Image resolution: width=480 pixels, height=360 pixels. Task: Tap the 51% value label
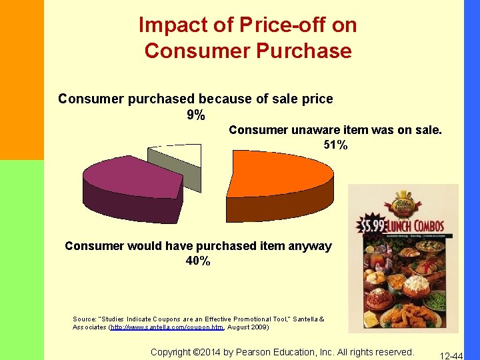pos(335,145)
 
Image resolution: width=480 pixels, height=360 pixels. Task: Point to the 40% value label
pos(198,261)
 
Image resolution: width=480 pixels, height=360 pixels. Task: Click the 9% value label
pos(195,115)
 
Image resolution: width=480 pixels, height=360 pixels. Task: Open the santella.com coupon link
pos(167,327)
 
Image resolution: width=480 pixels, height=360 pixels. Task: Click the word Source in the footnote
pos(84,319)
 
